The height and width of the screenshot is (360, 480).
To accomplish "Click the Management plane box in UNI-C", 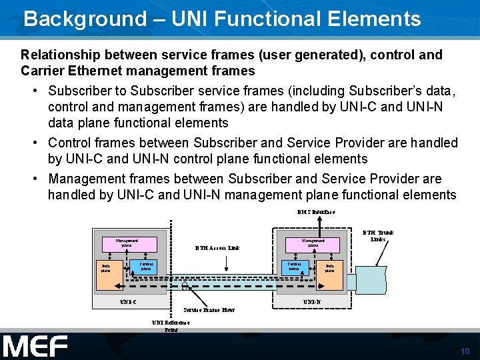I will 127,243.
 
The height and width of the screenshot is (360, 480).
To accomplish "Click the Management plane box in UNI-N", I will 313,243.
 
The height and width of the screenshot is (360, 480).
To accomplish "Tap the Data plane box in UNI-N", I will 329,268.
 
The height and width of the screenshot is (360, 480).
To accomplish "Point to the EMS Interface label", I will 316,212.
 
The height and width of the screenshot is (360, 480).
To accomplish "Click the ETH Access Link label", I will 217,248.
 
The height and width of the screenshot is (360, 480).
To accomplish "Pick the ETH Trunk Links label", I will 377,236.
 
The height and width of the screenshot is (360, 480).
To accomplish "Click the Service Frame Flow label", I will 208,310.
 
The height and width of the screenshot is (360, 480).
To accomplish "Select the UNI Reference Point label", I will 171,326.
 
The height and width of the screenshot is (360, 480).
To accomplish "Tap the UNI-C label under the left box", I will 128,302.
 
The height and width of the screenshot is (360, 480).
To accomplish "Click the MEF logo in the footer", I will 35,347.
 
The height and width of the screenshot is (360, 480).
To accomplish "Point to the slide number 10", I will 465,351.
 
